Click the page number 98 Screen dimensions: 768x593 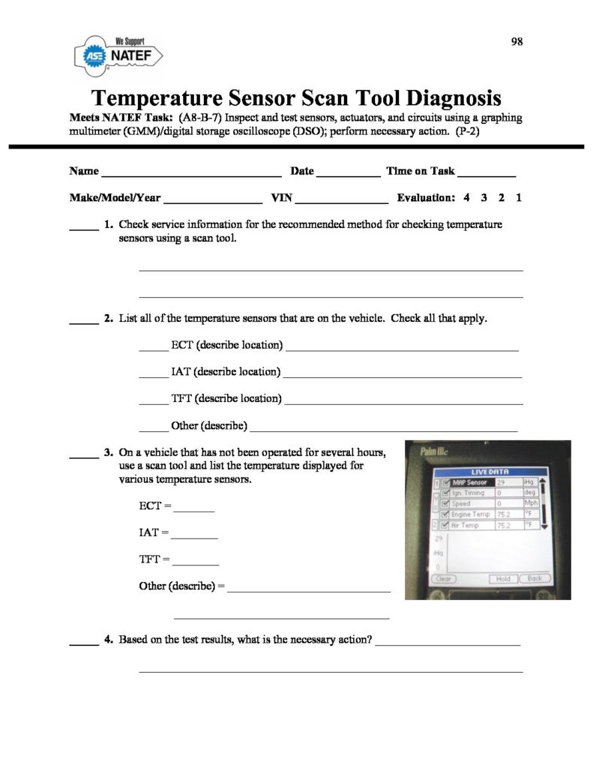[517, 42]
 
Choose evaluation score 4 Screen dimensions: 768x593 [467, 199]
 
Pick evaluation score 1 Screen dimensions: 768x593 [519, 199]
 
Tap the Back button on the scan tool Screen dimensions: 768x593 [535, 578]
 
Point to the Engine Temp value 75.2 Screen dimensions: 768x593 [504, 515]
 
